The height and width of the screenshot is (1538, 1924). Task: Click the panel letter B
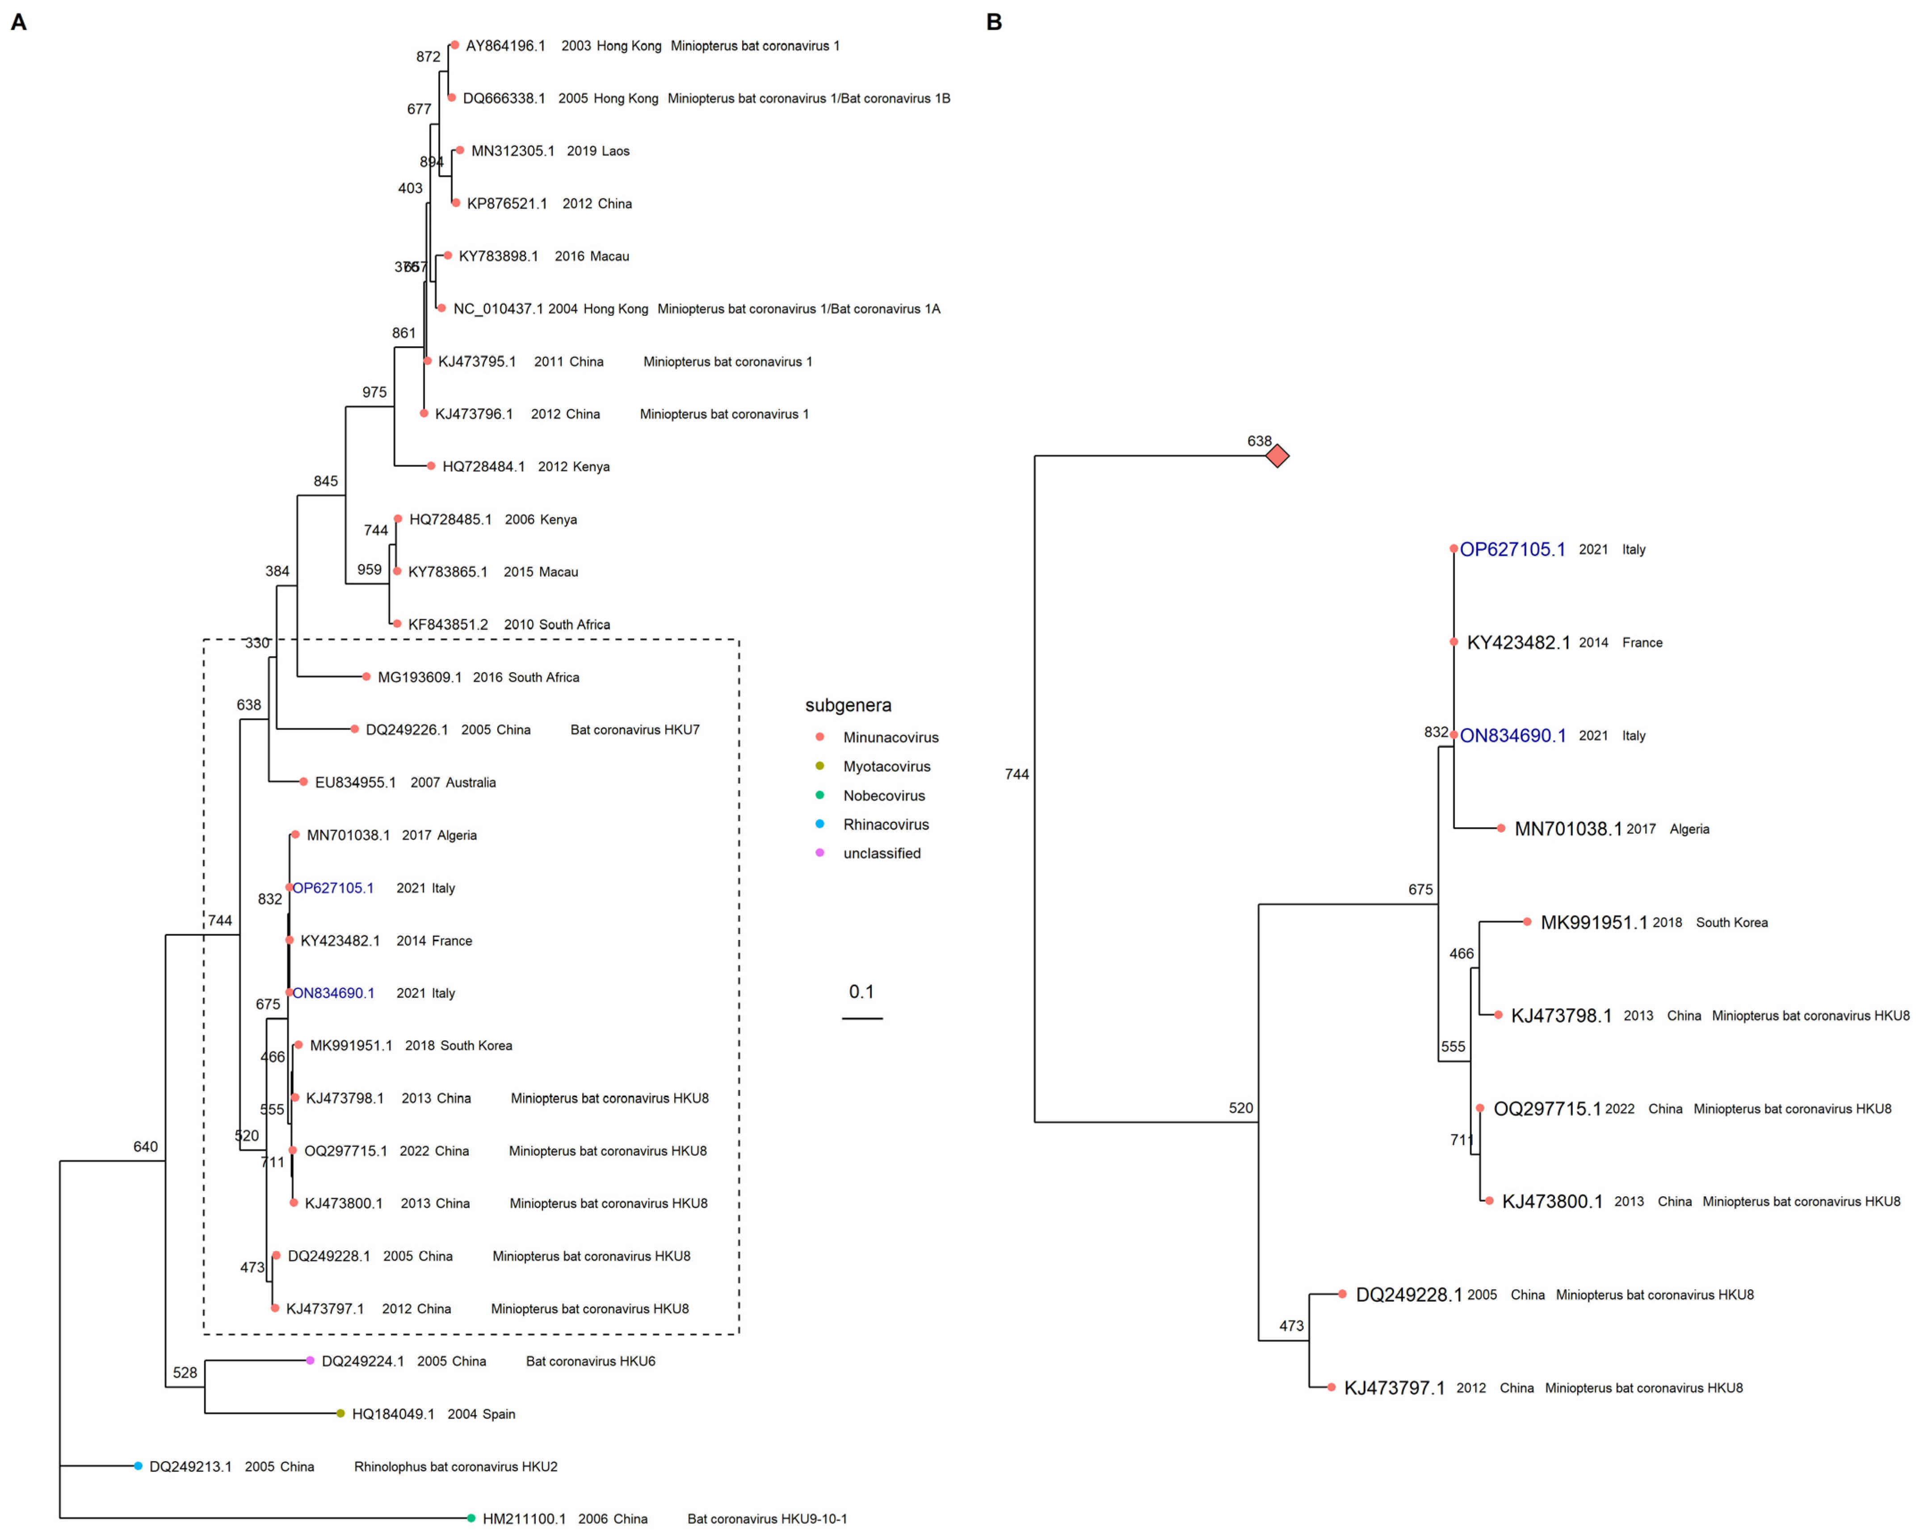(994, 22)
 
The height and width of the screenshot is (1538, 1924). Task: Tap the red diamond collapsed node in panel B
(1277, 456)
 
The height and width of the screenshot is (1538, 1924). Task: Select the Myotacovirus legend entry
(886, 767)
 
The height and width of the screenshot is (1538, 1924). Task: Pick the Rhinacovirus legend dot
(819, 823)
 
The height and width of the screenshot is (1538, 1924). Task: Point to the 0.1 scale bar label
(861, 991)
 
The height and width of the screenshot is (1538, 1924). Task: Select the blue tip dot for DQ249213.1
(139, 1466)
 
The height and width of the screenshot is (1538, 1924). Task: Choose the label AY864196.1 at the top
(505, 46)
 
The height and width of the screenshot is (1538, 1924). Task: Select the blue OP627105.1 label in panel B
(1512, 549)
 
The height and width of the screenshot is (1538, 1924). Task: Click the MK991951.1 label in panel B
(1594, 922)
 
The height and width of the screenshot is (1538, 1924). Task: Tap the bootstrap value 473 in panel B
(1291, 1326)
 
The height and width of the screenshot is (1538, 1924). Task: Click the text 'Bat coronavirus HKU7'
(634, 730)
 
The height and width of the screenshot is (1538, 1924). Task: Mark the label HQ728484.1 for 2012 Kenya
(483, 466)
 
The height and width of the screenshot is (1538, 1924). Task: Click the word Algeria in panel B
(1689, 829)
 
